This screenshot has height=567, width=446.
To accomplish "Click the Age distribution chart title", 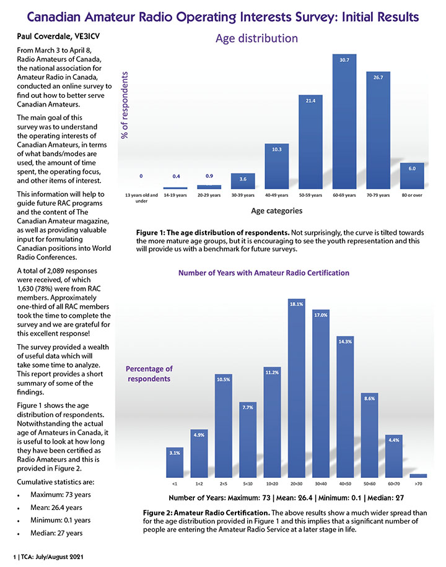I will pos(256,39).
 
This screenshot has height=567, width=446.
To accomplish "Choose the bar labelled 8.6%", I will pos(369,433).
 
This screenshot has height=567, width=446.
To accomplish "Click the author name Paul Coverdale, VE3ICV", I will pos(55,37).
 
